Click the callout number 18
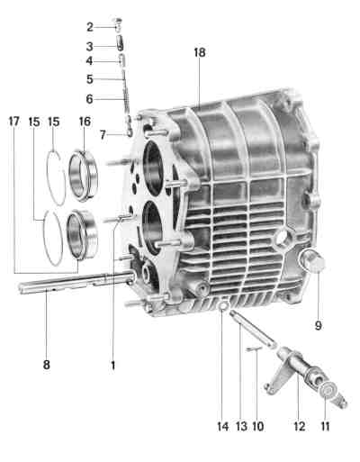pyautogui.click(x=200, y=52)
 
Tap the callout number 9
pyautogui.click(x=319, y=325)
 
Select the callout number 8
pyautogui.click(x=47, y=365)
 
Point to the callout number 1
pyautogui.click(x=113, y=366)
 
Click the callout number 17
pyautogui.click(x=13, y=122)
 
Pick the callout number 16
pyautogui.click(x=85, y=122)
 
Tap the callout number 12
pyautogui.click(x=300, y=426)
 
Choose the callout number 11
pyautogui.click(x=325, y=426)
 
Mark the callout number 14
pyautogui.click(x=223, y=426)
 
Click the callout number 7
pyautogui.click(x=103, y=135)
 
